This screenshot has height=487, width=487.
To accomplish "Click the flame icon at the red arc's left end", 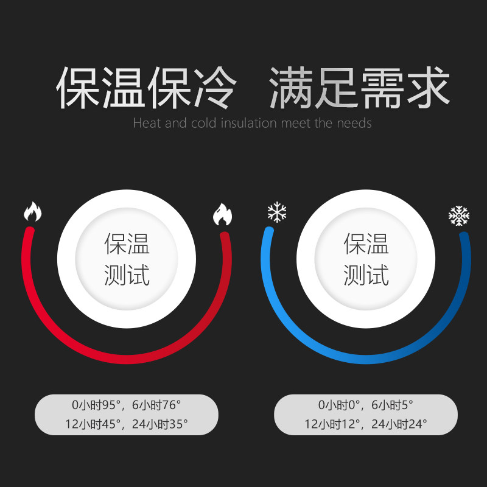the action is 32,212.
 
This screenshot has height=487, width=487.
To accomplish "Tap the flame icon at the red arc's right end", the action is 222,214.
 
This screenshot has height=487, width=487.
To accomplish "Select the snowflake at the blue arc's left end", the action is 277,212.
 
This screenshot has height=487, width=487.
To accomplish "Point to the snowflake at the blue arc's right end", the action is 458,216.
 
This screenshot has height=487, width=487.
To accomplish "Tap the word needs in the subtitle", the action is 352,124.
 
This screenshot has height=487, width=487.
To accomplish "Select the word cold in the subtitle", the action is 205,124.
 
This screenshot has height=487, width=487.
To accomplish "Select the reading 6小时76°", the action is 156,404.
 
